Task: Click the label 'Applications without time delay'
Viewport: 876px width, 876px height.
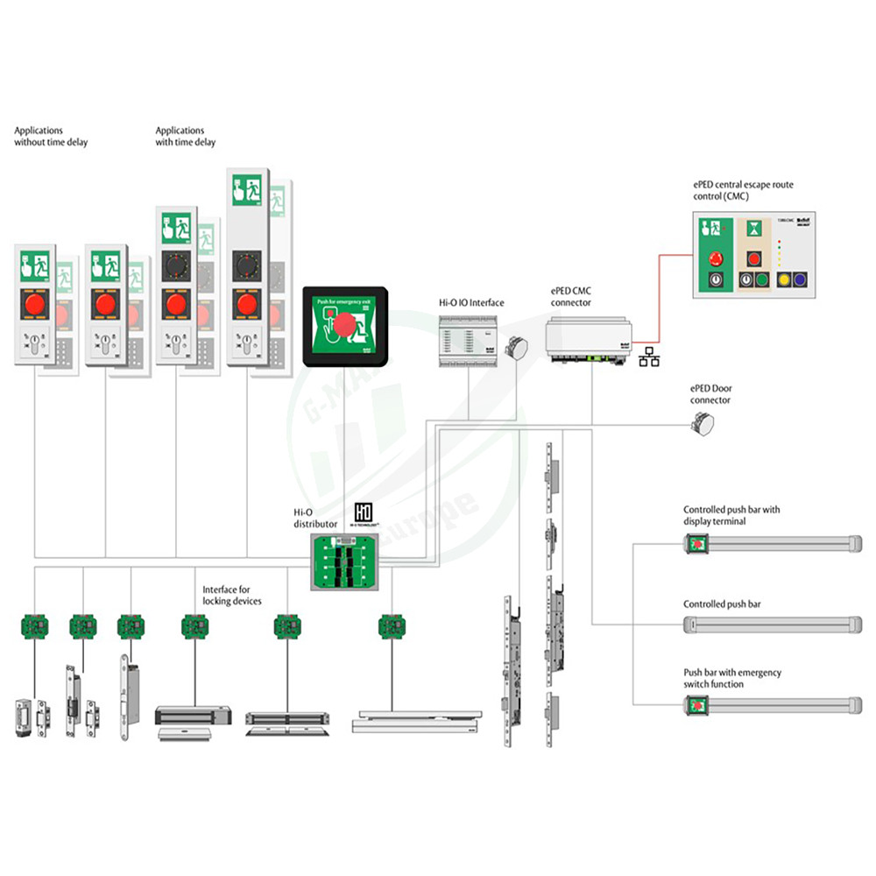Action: (51, 137)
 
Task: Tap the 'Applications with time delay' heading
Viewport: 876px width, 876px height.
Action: (185, 137)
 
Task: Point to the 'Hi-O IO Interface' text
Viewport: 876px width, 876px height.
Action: (471, 303)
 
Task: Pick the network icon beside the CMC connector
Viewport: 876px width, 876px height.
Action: (649, 357)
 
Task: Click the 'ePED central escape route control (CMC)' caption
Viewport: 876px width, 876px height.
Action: (743, 191)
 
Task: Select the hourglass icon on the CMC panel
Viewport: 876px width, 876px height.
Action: (752, 230)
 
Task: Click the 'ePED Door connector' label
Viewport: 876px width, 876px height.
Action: (710, 394)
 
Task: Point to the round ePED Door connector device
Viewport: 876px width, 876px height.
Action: (703, 425)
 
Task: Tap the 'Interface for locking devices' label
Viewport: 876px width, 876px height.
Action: (232, 596)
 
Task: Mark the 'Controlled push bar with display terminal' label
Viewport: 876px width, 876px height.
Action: (731, 515)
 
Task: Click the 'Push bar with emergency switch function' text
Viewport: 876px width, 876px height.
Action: (732, 678)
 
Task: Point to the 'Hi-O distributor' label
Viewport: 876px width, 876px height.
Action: (314, 519)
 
